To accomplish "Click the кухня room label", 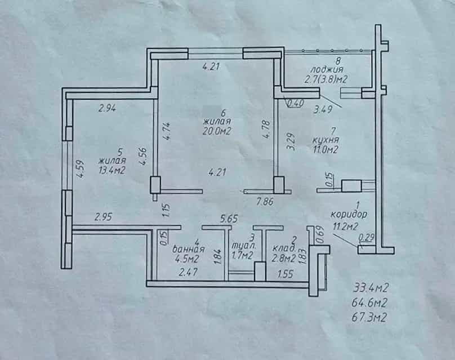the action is (x=325, y=140).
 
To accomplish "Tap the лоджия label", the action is (x=327, y=70).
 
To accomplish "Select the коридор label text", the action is (x=349, y=215).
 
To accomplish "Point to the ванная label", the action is (x=189, y=249).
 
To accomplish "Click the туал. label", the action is (x=244, y=246).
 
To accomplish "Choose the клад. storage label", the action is (x=285, y=248).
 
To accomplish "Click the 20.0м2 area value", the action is (x=217, y=131).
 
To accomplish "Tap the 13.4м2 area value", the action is (x=112, y=170).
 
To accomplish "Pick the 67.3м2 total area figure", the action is (x=369, y=317).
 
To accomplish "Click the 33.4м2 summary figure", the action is (x=371, y=288).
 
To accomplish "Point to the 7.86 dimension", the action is (x=265, y=202).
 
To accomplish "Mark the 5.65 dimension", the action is (x=229, y=219).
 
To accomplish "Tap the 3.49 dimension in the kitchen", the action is (x=323, y=109).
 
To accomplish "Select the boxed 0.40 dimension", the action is (x=296, y=103).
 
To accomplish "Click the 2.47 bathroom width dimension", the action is (x=189, y=272).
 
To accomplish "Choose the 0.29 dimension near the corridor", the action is (x=366, y=238).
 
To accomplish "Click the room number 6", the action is (x=223, y=112).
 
